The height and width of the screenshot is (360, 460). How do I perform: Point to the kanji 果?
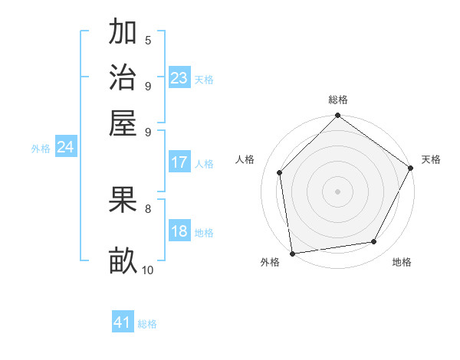[x=123, y=201]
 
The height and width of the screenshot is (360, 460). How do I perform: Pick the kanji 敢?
[x=123, y=261]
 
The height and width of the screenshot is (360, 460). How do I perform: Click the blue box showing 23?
[x=179, y=78]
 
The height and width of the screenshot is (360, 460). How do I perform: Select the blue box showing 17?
[x=179, y=162]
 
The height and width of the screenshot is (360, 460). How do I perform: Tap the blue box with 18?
[x=179, y=232]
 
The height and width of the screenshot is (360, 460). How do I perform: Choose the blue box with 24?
[x=65, y=148]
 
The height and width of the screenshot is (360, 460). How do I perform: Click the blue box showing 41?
[x=123, y=322]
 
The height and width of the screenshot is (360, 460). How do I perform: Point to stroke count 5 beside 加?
[x=148, y=40]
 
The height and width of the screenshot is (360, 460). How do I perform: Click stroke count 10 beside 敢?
[x=148, y=270]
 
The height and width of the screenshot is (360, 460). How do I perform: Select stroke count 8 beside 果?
[x=148, y=208]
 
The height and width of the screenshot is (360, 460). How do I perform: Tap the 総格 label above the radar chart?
[x=338, y=100]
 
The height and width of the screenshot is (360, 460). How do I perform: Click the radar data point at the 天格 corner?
[x=411, y=168]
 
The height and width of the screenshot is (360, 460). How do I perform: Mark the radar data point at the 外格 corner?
[x=292, y=254]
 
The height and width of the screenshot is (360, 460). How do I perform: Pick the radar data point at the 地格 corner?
[x=374, y=241]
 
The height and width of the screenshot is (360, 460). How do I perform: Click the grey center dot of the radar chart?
[x=338, y=191]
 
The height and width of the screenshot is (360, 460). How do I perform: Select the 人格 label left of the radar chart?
[x=245, y=159]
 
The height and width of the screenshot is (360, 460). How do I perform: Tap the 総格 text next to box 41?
[x=147, y=324]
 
